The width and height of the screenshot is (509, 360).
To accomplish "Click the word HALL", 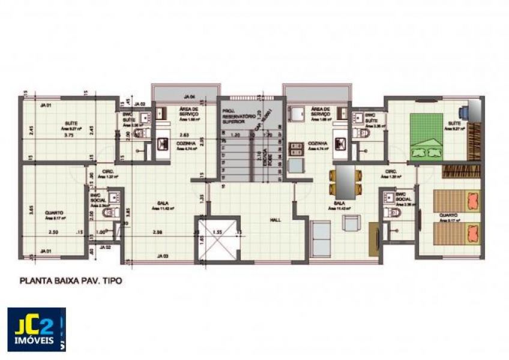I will [276, 220].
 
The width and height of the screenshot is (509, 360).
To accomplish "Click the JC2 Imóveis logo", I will [37, 329].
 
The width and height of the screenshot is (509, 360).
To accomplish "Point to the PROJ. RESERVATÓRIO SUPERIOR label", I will [231, 116].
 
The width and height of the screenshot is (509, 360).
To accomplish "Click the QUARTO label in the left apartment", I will [54, 212].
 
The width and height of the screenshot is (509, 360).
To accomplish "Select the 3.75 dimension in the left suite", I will [71, 135].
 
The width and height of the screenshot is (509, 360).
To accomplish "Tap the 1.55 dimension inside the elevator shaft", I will [218, 231].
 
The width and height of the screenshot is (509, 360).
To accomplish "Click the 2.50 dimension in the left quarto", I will [53, 232].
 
